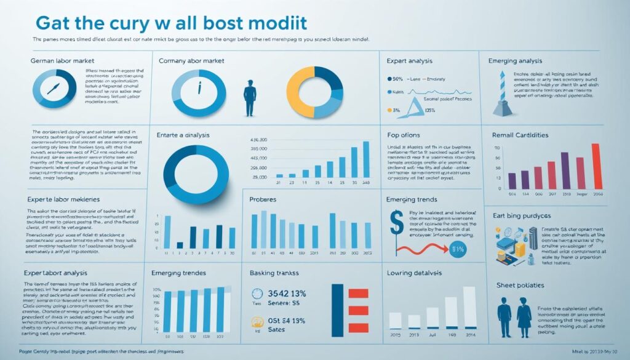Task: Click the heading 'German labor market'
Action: tap(58, 62)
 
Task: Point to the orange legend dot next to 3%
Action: tap(388, 111)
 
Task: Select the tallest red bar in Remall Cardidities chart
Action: tap(595, 166)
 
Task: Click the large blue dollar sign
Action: tap(397, 222)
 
